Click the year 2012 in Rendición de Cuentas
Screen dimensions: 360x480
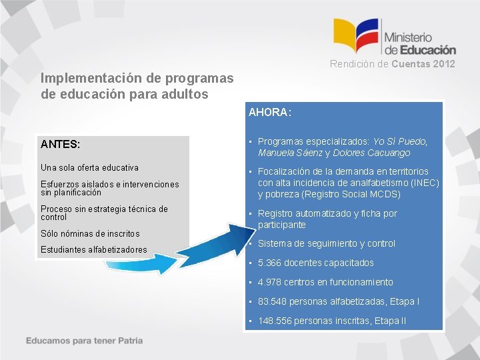[x=443, y=64]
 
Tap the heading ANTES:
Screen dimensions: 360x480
[x=60, y=144]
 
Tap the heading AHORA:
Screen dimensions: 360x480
[x=269, y=113]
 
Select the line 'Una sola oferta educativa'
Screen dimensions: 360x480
[x=89, y=167]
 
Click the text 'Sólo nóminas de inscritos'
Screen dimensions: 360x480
[x=90, y=233]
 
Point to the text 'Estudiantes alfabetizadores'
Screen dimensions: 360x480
[x=93, y=250]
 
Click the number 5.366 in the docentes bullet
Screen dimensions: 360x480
[x=270, y=263]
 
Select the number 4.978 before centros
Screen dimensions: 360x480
[x=270, y=282]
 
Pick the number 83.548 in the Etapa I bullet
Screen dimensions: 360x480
[x=273, y=301]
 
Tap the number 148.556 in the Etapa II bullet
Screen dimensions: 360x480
[x=275, y=321]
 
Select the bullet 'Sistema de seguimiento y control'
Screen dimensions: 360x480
[x=326, y=243]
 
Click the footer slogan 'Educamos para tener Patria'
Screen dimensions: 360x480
[x=85, y=341]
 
